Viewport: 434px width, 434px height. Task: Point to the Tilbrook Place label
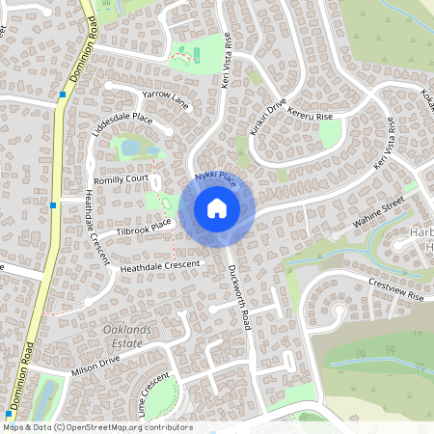pos(144,228)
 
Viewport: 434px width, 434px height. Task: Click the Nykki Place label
pos(214,178)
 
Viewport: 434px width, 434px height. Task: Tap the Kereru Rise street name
pos(311,117)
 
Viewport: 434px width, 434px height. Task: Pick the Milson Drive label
pos(95,365)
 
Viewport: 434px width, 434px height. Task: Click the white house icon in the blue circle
pos(217,208)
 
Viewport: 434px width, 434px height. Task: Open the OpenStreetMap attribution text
pos(97,426)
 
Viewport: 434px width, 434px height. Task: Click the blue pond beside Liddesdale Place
pos(128,148)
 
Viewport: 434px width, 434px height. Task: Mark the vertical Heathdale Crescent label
pos(95,223)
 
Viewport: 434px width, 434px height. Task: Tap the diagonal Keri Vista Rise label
pos(384,146)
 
